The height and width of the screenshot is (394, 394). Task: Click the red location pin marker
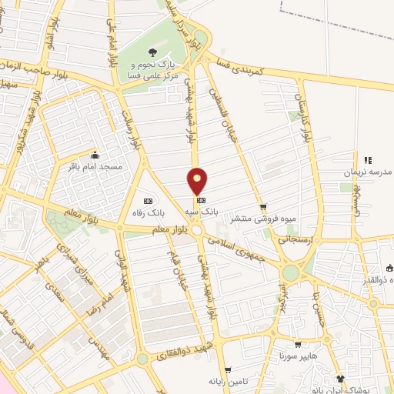(198, 181)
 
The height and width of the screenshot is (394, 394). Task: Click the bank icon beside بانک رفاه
(148, 191)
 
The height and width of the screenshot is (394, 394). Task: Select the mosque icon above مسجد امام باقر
(94, 153)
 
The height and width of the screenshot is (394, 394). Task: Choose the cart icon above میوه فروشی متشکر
(263, 207)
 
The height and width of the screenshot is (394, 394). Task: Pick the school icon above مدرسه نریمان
(368, 160)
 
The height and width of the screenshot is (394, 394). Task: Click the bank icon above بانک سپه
(202, 198)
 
